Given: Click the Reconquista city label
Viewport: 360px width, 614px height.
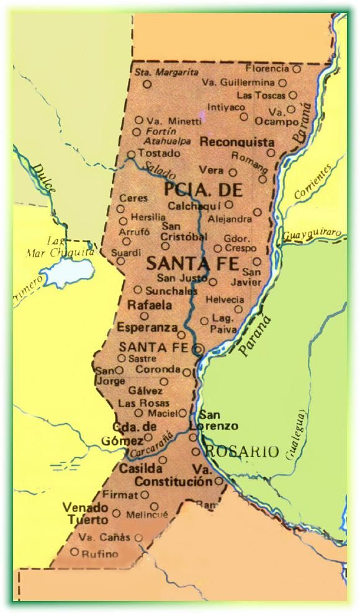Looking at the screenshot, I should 236,142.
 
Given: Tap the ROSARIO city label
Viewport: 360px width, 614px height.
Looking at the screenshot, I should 241,452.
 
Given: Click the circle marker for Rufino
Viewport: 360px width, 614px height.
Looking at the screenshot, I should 74,551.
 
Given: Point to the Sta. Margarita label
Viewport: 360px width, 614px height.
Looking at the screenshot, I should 158,72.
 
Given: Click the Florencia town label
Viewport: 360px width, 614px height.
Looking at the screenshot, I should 268,68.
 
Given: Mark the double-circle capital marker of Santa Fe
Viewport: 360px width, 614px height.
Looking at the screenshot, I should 197,350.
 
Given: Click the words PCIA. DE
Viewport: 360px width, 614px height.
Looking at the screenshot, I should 194,189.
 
